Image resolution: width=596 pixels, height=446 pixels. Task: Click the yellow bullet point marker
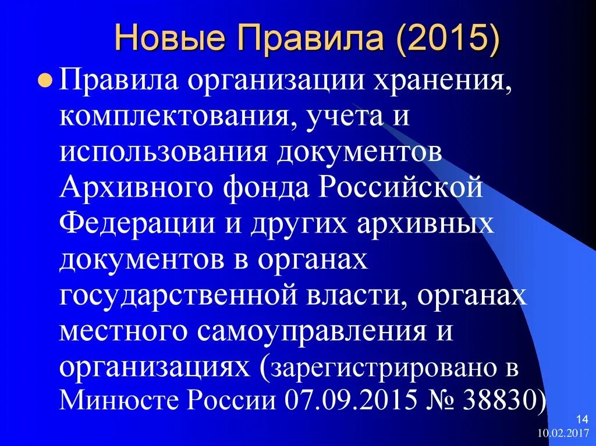[x=49, y=82]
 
